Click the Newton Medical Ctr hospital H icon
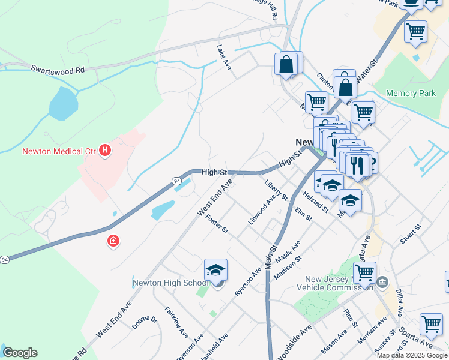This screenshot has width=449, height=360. click(x=106, y=150)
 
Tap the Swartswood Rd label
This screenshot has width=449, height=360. click(x=58, y=70)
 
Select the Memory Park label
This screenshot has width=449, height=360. click(x=411, y=94)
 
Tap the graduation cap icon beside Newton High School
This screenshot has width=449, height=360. click(x=215, y=270)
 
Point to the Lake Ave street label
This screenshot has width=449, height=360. click(x=224, y=58)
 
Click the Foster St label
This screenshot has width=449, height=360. click(x=217, y=224)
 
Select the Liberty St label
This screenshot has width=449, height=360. click(x=276, y=188)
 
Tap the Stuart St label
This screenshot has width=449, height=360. click(x=411, y=234)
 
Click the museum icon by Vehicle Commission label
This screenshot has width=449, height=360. click(x=384, y=282)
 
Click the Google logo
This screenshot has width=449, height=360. click(x=20, y=353)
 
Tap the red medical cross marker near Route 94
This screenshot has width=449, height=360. click(x=112, y=241)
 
